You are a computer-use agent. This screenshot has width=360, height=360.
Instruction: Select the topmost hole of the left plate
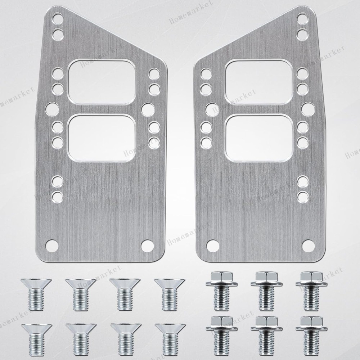[x=57, y=18]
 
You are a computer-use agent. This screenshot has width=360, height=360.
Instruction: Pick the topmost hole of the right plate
[x=303, y=18]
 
